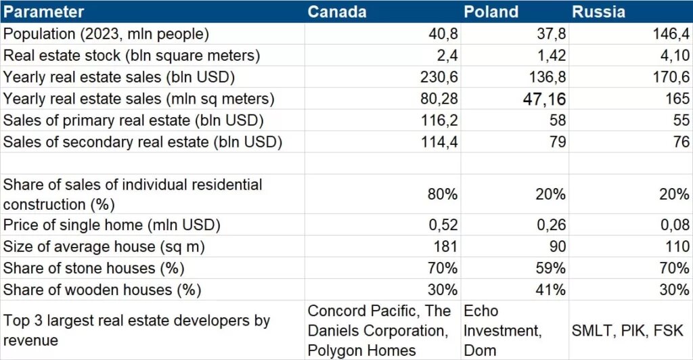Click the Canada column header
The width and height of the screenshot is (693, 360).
pos(337,12)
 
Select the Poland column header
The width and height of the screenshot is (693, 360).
pos(491,12)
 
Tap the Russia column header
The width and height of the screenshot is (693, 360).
pos(598,12)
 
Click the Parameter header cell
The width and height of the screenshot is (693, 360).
pos(43,12)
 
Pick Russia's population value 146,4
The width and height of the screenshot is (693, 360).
pos(671,34)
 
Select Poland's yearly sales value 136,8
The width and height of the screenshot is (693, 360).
pos(547,77)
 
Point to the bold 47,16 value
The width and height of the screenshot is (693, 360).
pos(544,99)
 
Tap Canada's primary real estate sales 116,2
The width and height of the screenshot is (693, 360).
pos(439,120)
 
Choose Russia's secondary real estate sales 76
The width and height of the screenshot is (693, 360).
pos(681,142)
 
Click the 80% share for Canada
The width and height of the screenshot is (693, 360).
pos(443,194)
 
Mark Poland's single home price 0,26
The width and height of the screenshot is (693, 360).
pos(551,225)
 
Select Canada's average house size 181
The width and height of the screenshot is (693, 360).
pos(445,246)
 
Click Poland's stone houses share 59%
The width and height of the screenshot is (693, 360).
pos(551,268)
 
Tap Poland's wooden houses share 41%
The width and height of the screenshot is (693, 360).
pos(551,290)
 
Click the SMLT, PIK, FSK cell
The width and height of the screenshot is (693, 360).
pos(627,330)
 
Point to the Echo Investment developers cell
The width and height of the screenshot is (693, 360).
pos(503,330)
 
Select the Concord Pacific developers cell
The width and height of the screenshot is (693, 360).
pos(379,330)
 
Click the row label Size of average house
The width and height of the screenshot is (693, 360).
pos(104,246)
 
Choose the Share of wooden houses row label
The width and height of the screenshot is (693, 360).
pos(102,290)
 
